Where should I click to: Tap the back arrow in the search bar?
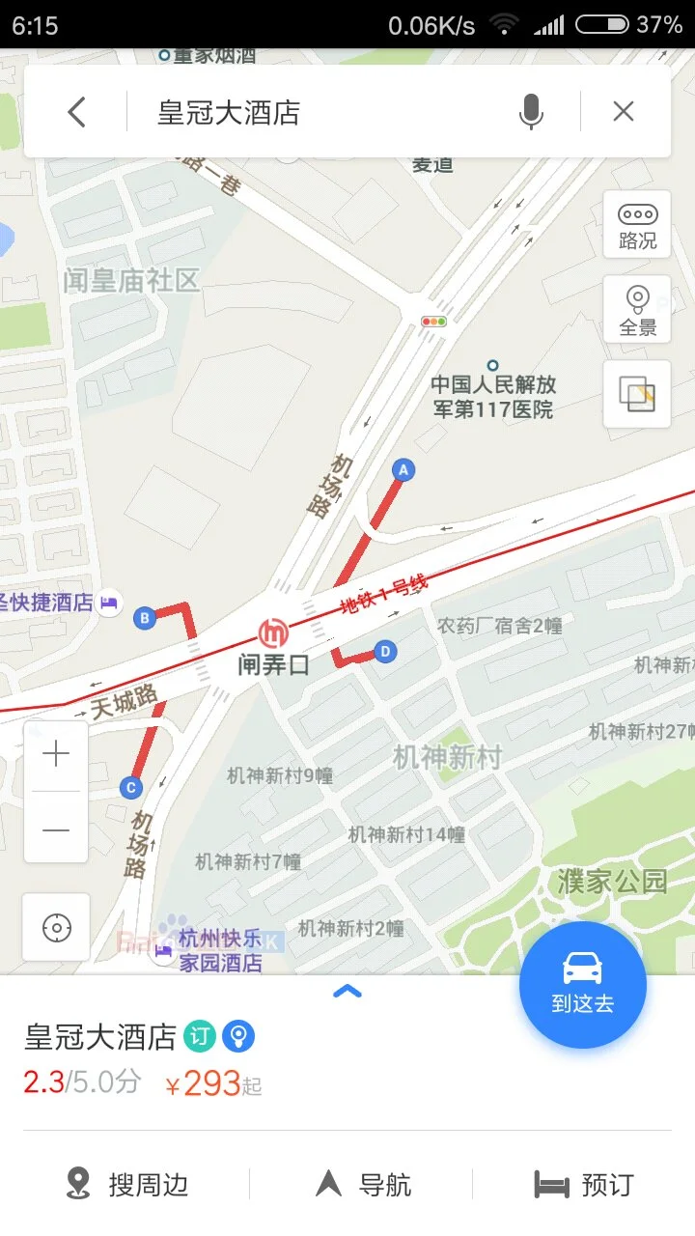click(77, 113)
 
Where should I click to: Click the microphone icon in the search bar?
click(531, 113)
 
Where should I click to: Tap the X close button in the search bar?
click(624, 112)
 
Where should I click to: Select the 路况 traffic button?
click(637, 225)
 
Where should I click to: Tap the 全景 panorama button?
click(637, 310)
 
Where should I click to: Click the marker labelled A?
click(403, 470)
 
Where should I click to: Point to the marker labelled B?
click(145, 618)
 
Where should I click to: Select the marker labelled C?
click(131, 787)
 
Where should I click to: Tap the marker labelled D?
click(385, 652)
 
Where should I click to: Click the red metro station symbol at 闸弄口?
click(273, 633)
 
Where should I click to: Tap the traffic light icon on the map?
click(433, 322)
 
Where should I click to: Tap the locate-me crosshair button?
click(57, 928)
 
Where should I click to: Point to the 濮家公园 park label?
click(612, 882)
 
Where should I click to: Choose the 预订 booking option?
click(584, 1184)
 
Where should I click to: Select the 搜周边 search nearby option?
click(126, 1184)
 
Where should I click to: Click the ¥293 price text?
click(211, 1084)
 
